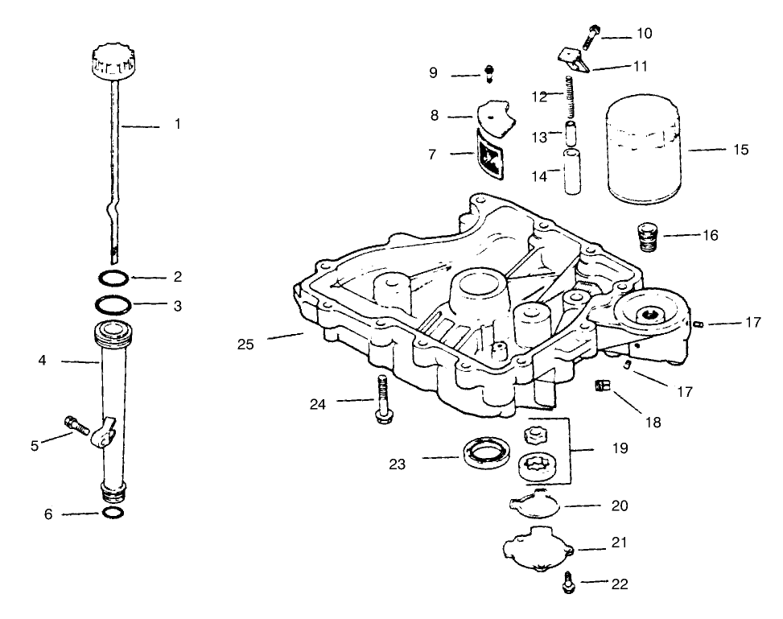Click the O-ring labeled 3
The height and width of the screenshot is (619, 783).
click(x=113, y=306)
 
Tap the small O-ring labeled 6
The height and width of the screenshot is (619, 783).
click(x=113, y=513)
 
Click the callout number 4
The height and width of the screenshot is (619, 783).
click(x=42, y=361)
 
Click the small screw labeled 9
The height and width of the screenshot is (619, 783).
click(x=488, y=74)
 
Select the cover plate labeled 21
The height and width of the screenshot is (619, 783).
click(x=537, y=550)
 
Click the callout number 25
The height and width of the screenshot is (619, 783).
click(x=245, y=345)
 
